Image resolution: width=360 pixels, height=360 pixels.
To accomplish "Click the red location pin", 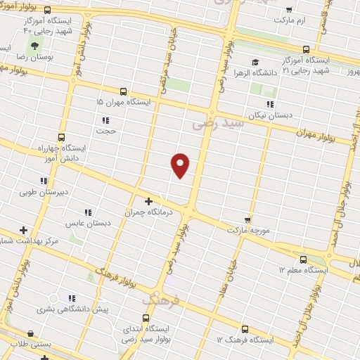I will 181,165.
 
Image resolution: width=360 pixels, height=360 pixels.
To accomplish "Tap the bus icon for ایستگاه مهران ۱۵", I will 124,91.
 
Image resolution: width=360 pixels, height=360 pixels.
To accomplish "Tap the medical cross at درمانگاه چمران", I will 148,201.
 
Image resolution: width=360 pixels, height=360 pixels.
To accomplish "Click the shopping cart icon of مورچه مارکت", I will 247,220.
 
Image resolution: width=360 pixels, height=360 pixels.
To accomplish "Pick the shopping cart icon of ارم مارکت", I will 289,11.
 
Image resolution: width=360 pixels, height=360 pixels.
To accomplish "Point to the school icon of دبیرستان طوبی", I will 44,181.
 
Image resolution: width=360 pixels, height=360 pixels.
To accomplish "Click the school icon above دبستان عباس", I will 88,212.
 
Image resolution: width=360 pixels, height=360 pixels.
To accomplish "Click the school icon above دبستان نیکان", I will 270,105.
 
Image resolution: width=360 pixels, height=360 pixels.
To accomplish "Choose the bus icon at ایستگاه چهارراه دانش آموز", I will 61,138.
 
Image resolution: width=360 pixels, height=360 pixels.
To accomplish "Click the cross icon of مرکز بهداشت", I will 24,230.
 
